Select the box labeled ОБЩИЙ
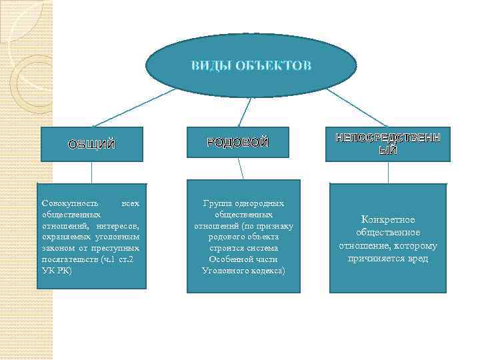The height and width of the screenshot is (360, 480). [x=92, y=145]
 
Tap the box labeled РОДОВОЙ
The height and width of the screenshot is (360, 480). [x=237, y=142]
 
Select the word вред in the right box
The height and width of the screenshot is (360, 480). [x=417, y=258]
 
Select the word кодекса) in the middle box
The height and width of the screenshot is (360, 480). [x=265, y=270]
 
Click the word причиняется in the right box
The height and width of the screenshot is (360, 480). [x=375, y=258]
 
